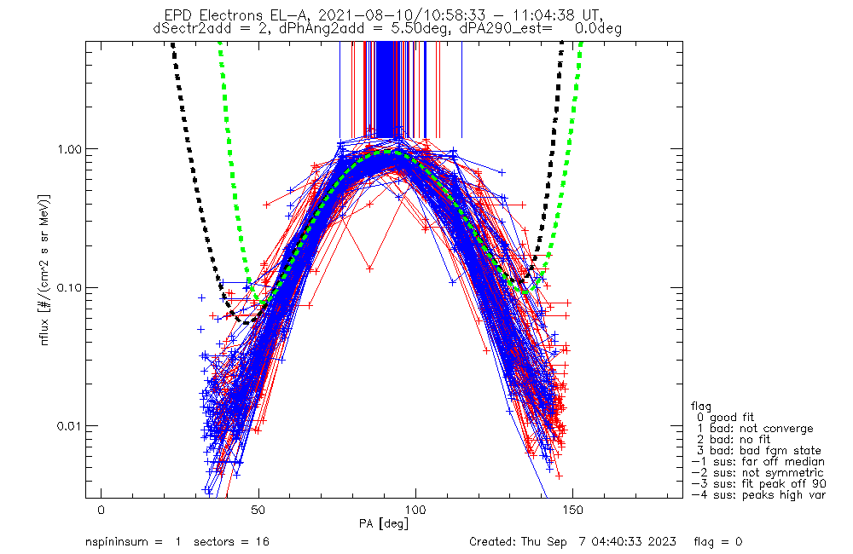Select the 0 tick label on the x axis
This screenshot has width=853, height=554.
[102, 509]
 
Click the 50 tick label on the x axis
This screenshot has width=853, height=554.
[258, 509]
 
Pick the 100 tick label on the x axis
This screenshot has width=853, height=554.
[415, 509]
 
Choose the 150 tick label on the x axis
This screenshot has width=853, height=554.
[572, 509]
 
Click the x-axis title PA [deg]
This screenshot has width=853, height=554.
[384, 522]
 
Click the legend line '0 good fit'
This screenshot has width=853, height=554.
[730, 417]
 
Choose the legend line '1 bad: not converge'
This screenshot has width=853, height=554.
[756, 428]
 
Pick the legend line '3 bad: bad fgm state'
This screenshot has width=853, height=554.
[758, 450]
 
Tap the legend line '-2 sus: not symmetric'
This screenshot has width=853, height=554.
[757, 472]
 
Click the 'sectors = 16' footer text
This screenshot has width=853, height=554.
[228, 542]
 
